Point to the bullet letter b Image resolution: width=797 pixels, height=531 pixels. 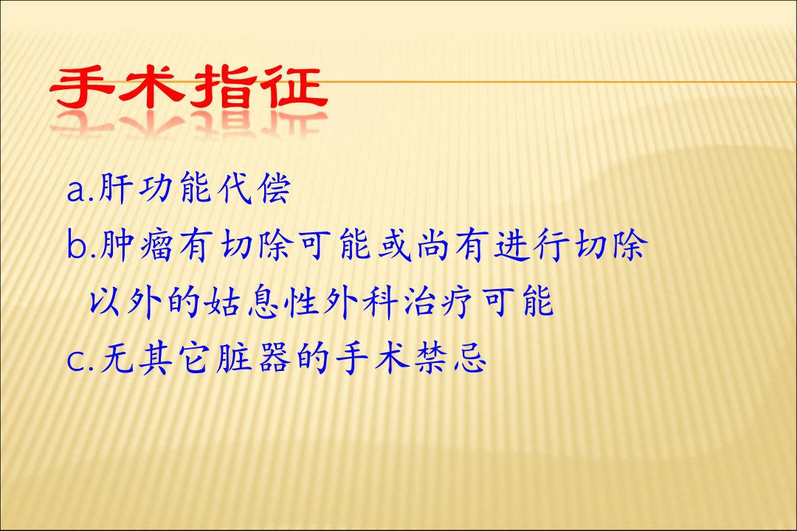[x=77, y=246]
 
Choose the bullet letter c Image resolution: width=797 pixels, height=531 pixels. [x=76, y=360]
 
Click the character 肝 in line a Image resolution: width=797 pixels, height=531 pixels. [x=115, y=189]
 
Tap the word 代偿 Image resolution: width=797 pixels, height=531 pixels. [x=254, y=189]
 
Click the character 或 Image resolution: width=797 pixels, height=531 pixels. [x=394, y=246]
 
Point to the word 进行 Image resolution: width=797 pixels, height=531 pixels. [x=531, y=246]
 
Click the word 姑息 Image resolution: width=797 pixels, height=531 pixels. [x=241, y=303]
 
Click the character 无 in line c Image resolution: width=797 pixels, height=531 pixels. [x=117, y=358]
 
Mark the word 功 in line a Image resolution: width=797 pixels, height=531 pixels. [x=156, y=189]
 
